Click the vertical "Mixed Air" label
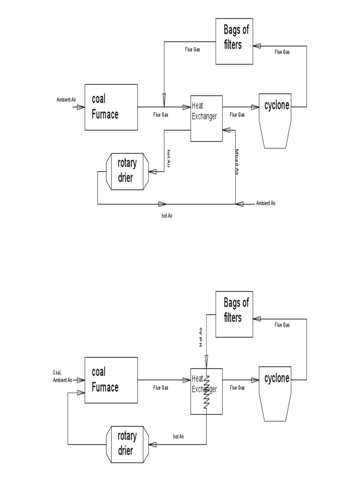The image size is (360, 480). coord(237,162)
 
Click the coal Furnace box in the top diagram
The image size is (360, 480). coord(111,107)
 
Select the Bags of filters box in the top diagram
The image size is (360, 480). coord(234,41)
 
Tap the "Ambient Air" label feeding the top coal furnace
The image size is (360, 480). coord(63,100)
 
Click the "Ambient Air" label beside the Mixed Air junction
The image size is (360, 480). coord(266,203)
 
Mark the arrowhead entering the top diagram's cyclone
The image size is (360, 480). coord(255,107)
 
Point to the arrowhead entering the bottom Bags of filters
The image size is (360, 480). coord(257,318)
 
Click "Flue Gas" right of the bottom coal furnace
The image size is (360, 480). coord(161,388)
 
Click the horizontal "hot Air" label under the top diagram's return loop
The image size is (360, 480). coord(167,216)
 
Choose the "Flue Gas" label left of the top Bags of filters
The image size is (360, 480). coord(193,49)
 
